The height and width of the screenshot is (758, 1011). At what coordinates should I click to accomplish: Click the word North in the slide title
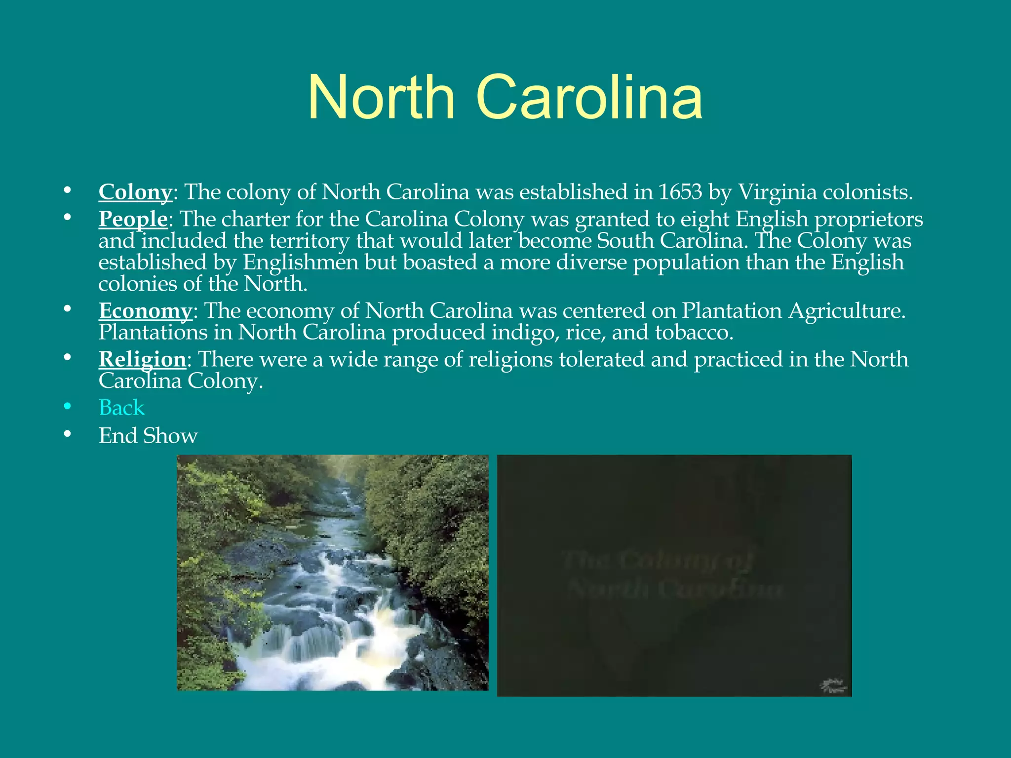point(381,97)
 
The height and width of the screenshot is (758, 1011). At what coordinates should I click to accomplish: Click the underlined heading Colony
point(135,192)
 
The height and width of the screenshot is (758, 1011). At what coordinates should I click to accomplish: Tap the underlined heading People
point(133,219)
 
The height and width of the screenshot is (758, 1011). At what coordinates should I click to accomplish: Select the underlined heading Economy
point(145,311)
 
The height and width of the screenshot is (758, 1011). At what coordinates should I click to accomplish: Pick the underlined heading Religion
point(142,359)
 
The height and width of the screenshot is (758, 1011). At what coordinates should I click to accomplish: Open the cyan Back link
point(121,408)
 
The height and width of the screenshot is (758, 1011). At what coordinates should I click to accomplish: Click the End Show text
point(148,436)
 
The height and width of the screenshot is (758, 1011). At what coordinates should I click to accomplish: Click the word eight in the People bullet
point(705,219)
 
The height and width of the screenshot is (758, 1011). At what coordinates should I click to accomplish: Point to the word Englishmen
point(300,262)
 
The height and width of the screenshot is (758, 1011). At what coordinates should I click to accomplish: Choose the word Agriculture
point(846,311)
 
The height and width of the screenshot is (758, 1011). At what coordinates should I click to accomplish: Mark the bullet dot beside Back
point(68,407)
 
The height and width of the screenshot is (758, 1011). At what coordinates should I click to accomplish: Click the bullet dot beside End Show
point(68,434)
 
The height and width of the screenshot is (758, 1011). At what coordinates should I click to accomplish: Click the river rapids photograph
point(332,572)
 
